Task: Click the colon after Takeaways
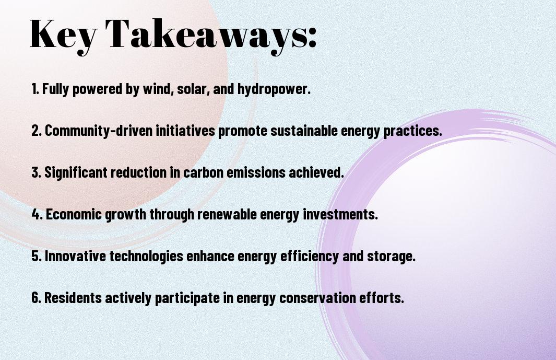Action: click(312, 38)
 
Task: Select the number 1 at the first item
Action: click(35, 89)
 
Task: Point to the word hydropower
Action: click(274, 89)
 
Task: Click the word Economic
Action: click(74, 214)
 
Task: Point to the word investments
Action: click(340, 214)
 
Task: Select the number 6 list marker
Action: click(36, 298)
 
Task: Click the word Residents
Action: click(73, 298)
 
